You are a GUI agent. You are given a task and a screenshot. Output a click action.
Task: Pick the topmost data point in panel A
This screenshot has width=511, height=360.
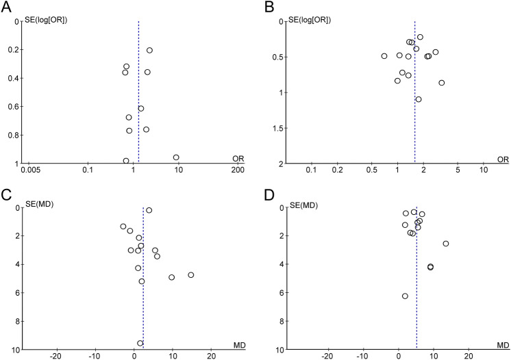coord(149,50)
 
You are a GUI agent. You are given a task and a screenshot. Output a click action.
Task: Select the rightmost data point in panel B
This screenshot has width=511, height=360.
coord(442,83)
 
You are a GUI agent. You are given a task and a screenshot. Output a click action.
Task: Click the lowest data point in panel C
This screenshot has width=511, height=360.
coord(140,343)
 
